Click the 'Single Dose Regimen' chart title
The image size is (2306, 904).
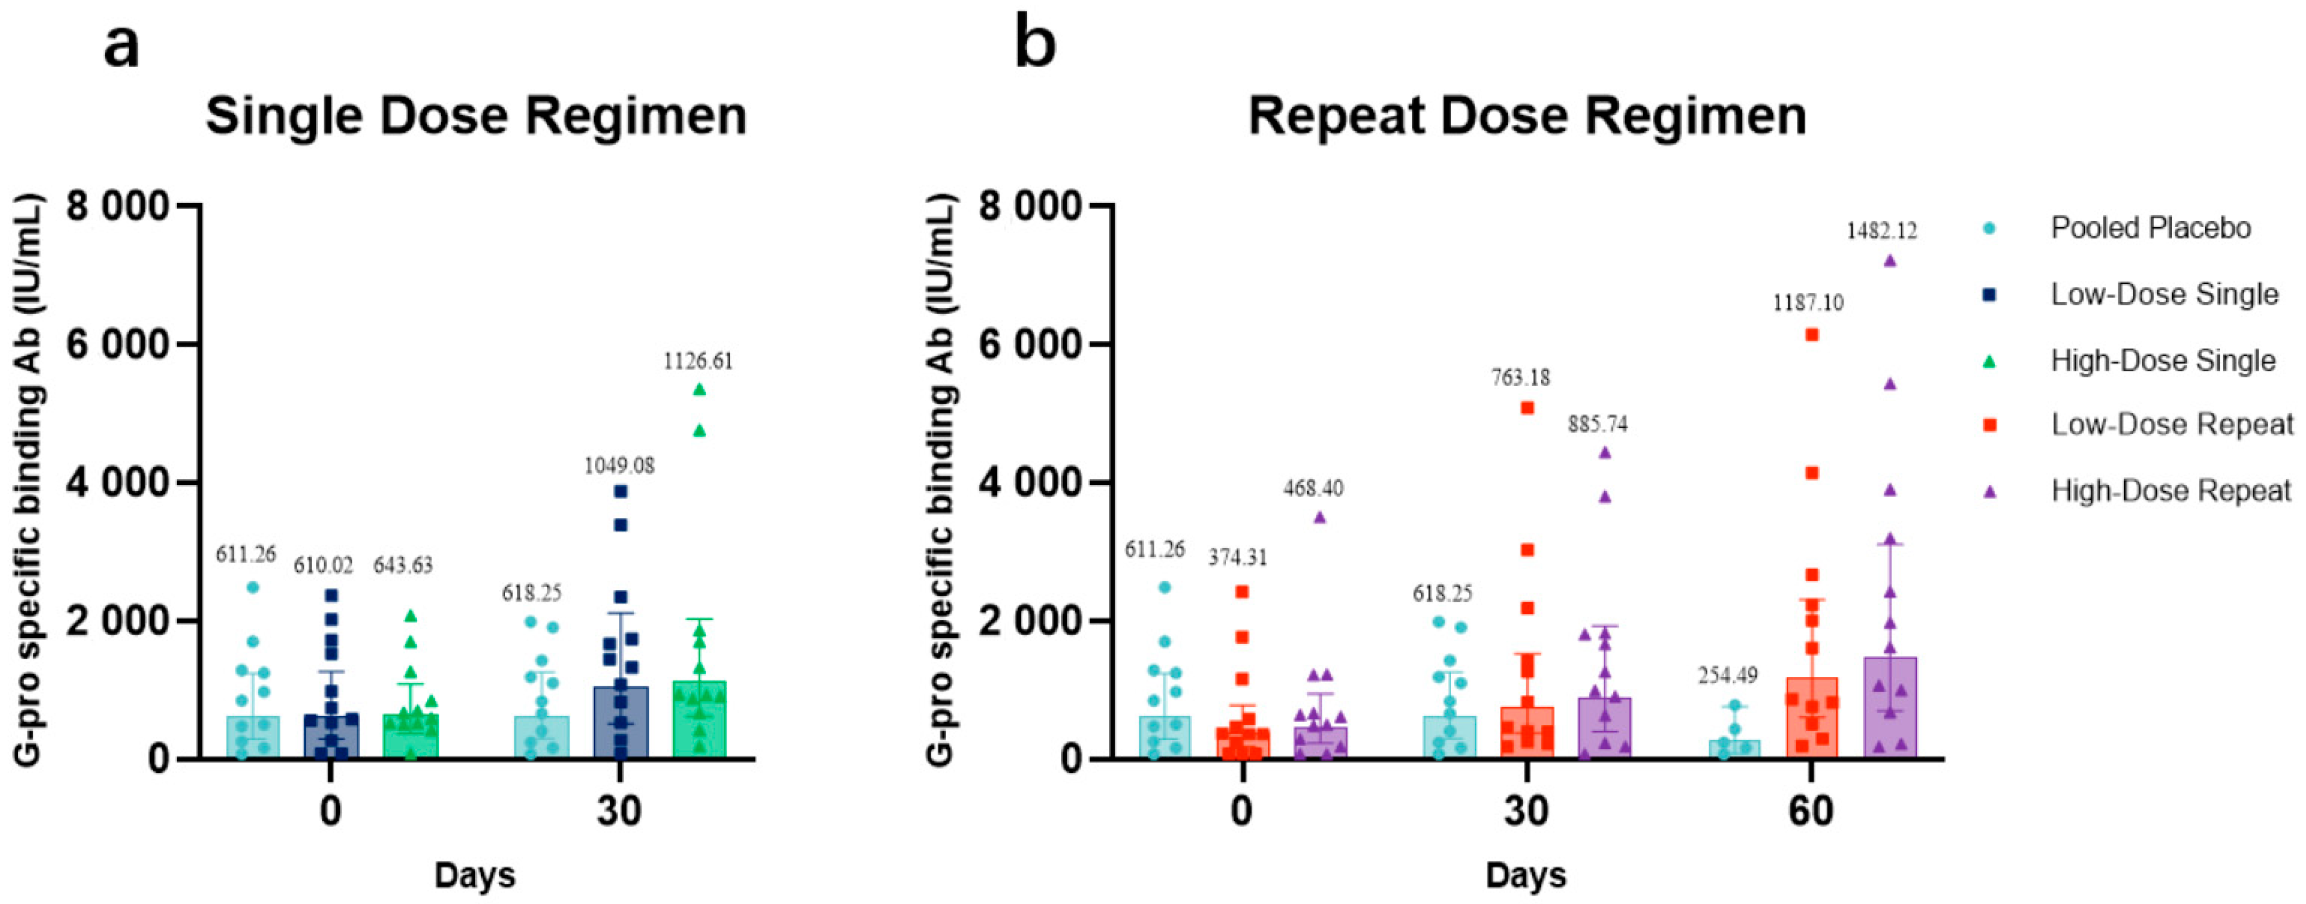click(476, 116)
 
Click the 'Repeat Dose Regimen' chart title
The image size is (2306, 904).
click(1527, 116)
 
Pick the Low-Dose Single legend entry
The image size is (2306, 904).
click(2163, 294)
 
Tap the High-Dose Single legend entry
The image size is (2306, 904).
click(2163, 361)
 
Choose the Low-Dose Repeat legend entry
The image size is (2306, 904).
click(2172, 424)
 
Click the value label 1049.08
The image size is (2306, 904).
click(619, 465)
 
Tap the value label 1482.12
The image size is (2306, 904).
click(1882, 231)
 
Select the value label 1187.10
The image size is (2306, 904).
click(1808, 303)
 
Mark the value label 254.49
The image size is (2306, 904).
click(1728, 675)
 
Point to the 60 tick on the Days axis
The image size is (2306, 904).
click(1811, 811)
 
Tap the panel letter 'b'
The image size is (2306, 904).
click(1035, 45)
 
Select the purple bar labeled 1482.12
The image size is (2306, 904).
click(1891, 708)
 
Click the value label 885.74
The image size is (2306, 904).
click(1598, 423)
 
